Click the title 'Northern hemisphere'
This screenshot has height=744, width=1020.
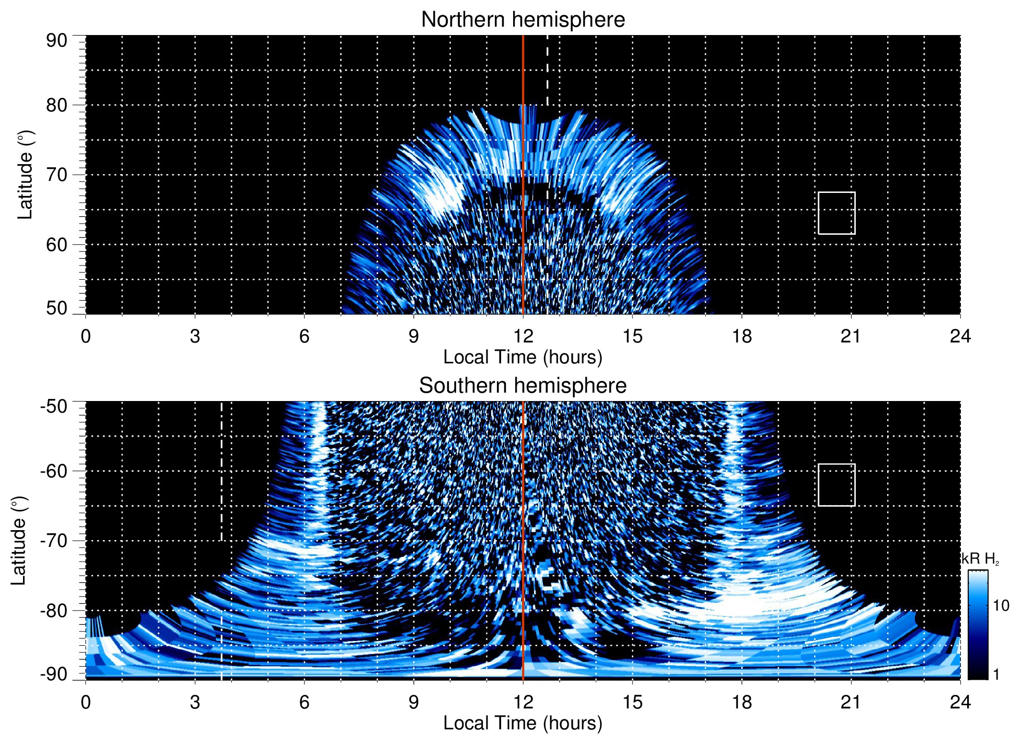[x=523, y=20]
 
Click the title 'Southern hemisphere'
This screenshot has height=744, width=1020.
[x=523, y=386]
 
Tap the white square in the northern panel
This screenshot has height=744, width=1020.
[x=836, y=213]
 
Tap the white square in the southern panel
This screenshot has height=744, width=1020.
[x=836, y=485]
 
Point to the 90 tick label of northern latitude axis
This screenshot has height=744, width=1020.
[x=56, y=41]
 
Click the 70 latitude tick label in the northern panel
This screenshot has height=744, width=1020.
[x=56, y=175]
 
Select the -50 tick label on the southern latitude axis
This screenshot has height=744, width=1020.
[x=54, y=406]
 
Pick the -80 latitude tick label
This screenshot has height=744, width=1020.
[x=54, y=610]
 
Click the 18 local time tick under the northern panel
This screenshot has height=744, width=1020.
[x=742, y=336]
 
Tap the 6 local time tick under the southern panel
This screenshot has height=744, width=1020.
[x=304, y=702]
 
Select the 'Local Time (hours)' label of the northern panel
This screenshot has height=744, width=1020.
[x=523, y=357]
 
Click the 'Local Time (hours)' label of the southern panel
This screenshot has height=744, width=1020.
[x=523, y=723]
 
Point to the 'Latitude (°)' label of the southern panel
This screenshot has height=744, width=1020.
[x=19, y=541]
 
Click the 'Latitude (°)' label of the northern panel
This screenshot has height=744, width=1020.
[x=25, y=175]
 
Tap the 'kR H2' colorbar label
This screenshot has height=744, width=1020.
[x=980, y=559]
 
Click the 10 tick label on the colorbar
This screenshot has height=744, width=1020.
[x=1001, y=606]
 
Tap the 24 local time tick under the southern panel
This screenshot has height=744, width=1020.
[x=960, y=702]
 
